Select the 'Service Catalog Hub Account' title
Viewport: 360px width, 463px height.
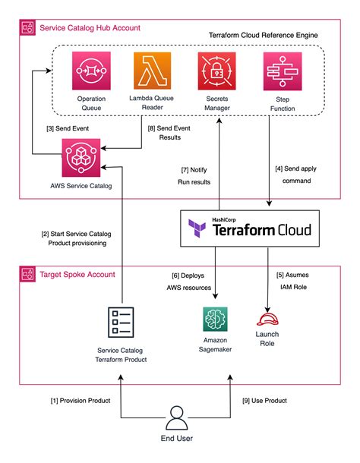pyautogui.click(x=95, y=27)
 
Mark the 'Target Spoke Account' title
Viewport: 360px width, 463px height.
pyautogui.click(x=84, y=273)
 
